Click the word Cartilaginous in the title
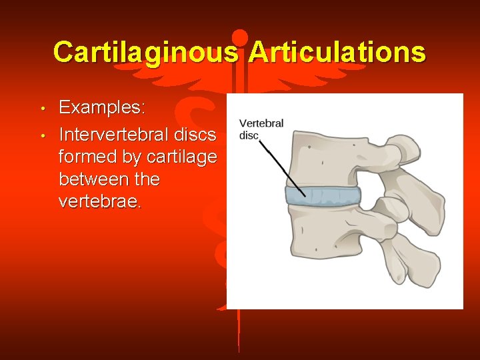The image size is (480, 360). tap(145, 52)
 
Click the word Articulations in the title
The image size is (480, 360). tap(336, 52)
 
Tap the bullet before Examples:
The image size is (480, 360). tap(42, 108)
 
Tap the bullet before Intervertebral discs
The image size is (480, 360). tap(42, 135)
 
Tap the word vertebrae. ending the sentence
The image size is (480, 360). tap(100, 201)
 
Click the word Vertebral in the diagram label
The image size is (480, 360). tap(261, 123)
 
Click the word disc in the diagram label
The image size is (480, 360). tap(248, 135)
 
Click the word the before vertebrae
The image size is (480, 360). tap(147, 179)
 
